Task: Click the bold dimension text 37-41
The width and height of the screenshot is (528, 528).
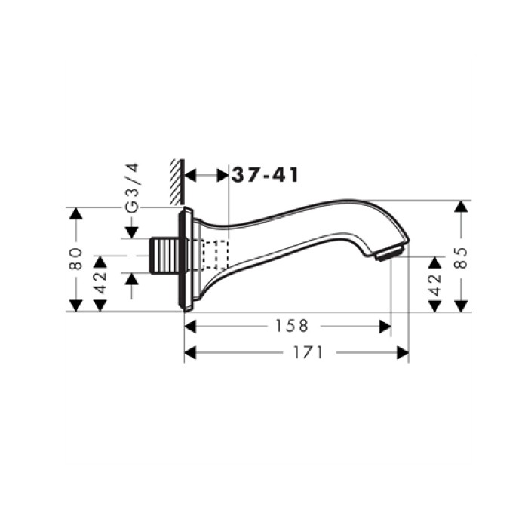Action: [265, 175]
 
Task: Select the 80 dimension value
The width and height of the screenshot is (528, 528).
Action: [75, 259]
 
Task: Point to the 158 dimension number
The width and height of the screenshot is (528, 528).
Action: [293, 326]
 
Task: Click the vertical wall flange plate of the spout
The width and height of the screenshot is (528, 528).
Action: [183, 259]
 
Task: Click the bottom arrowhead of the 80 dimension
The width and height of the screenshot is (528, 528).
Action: [75, 305]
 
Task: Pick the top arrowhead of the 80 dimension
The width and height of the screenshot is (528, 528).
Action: [75, 214]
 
